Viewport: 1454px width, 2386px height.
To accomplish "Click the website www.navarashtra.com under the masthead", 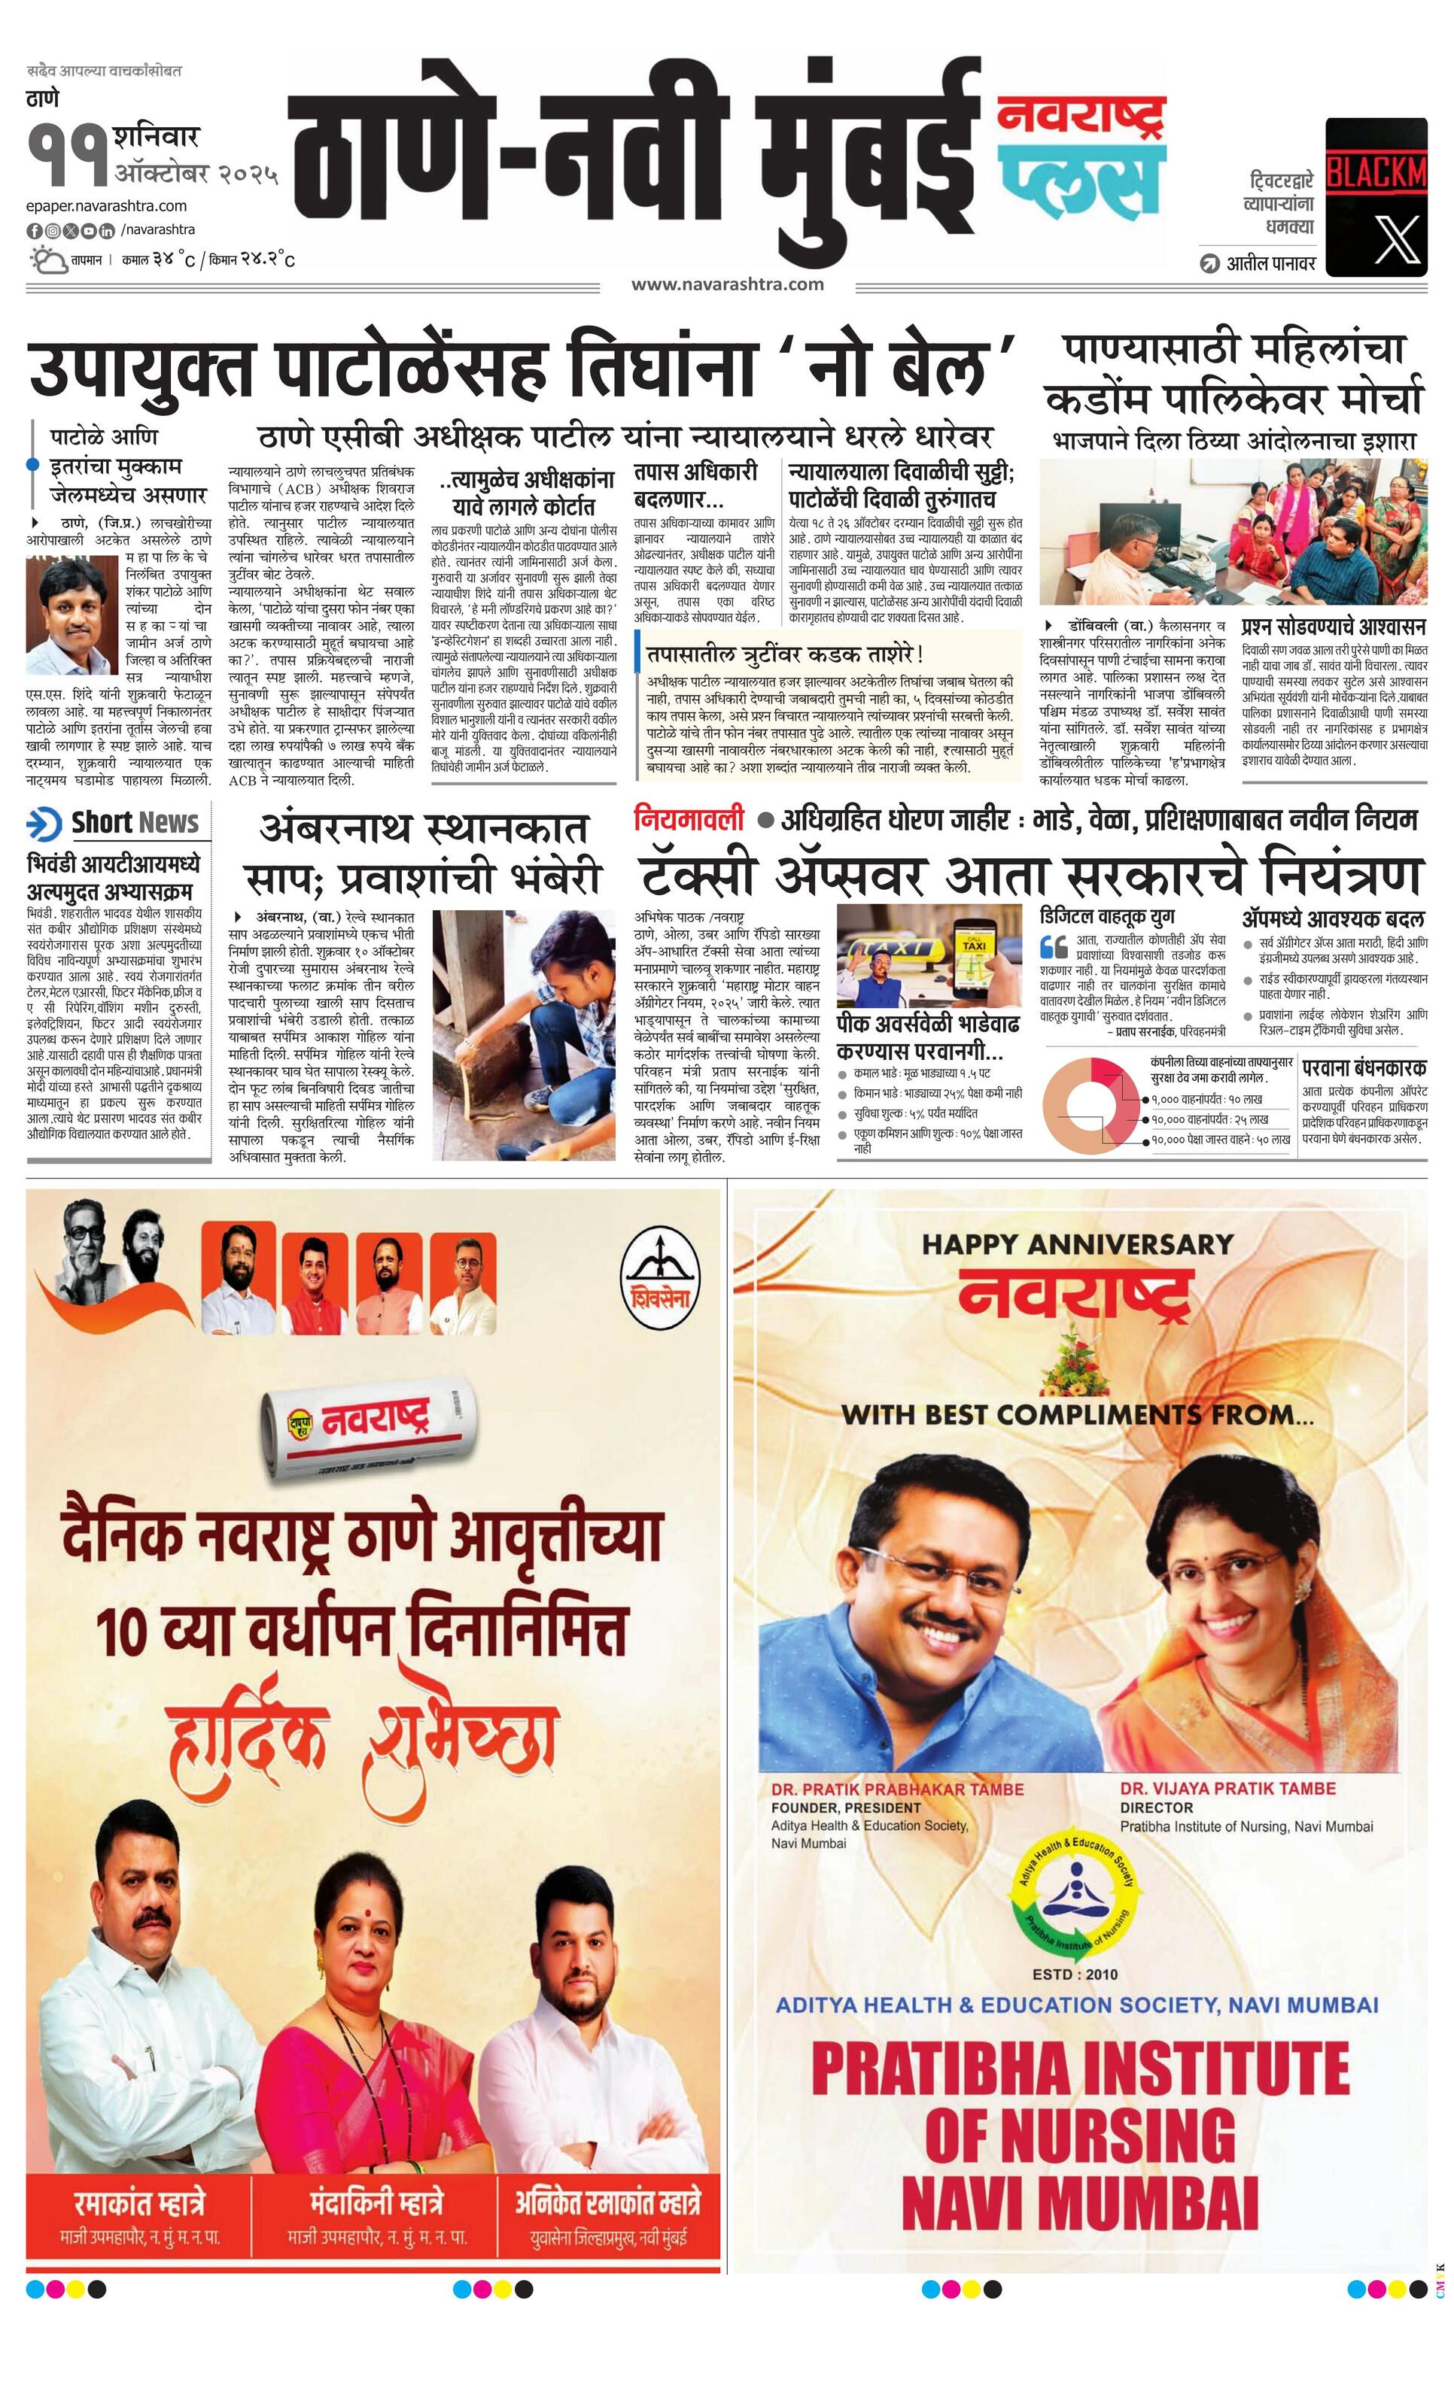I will (728, 284).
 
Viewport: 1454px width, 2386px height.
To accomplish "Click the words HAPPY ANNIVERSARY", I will (1077, 1243).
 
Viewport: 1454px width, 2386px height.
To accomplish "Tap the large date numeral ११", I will (67, 155).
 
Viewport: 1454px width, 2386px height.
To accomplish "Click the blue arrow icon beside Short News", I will (44, 824).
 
